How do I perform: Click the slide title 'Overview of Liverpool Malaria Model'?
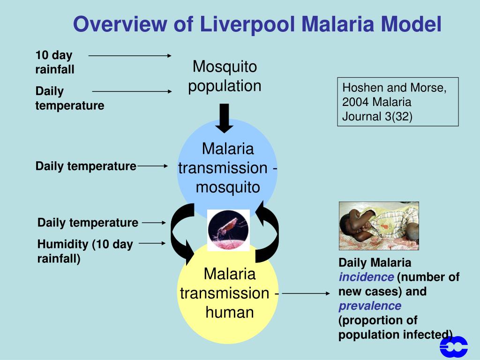257,24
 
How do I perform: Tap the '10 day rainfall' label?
54,62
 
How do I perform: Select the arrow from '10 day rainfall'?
130,55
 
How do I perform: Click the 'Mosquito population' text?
225,76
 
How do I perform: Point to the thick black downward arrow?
225,118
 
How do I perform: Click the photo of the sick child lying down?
379,226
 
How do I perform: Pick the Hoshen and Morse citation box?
397,102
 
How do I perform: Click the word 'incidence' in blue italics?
366,277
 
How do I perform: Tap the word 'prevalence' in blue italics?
370,306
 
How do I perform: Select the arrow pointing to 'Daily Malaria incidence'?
306,294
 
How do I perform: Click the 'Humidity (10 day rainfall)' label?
85,251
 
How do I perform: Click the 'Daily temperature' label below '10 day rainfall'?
69,98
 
